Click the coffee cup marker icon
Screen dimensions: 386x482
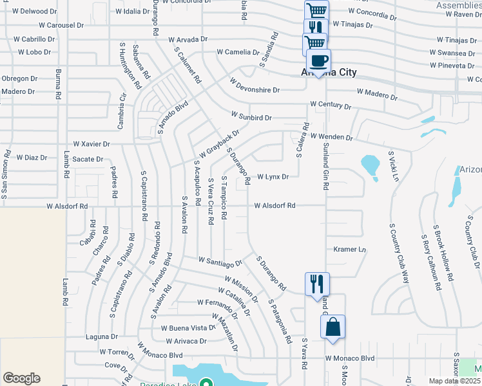(319, 61)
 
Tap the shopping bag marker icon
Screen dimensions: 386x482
(333, 326)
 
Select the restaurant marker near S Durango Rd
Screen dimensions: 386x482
(316, 284)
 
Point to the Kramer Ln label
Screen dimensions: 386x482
(350, 249)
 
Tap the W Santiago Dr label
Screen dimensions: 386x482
(220, 262)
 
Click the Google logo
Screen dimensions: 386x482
(21, 378)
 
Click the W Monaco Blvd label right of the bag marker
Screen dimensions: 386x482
(350, 358)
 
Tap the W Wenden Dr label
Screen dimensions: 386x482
(332, 137)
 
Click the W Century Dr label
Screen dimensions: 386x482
(330, 104)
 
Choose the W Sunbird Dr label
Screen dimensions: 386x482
(251, 118)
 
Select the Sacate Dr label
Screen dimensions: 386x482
(88, 159)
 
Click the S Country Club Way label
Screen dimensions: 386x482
(398, 254)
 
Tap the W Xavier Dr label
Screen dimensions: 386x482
(92, 144)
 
